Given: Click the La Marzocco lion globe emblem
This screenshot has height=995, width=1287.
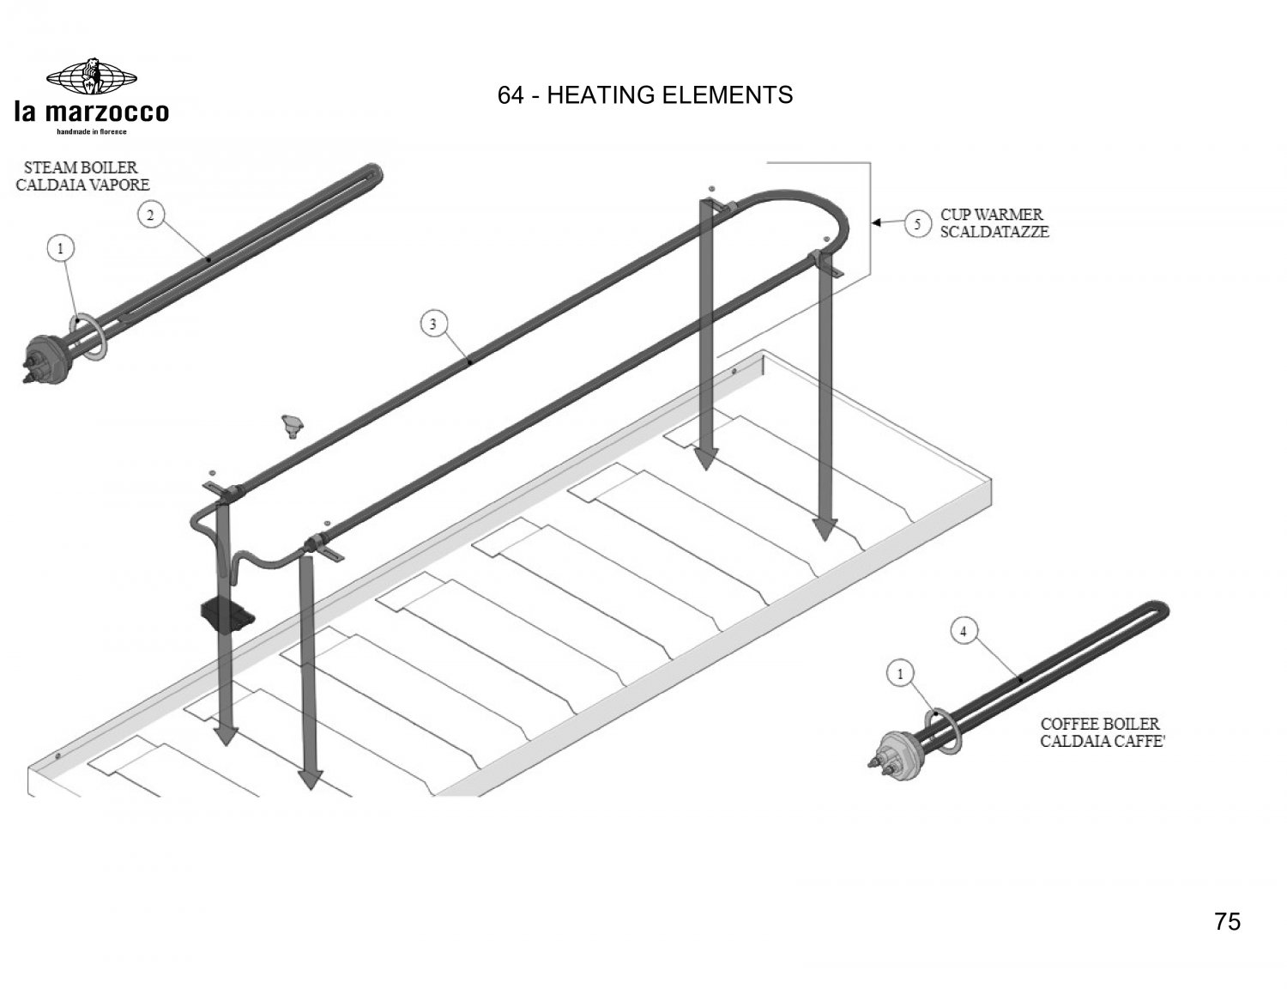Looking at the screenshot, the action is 92,76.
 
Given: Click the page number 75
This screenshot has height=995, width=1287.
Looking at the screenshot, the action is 1227,922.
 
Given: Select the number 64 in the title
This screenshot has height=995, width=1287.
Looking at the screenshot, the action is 511,95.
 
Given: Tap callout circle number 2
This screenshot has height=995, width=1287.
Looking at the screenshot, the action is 150,215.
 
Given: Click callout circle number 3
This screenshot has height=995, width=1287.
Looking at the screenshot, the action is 433,325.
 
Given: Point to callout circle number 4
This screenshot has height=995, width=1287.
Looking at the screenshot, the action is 964,632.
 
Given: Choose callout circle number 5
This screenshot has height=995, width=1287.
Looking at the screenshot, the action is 917,224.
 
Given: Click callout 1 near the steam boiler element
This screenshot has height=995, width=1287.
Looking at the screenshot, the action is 60,248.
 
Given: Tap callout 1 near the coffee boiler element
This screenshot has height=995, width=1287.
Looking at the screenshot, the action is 900,674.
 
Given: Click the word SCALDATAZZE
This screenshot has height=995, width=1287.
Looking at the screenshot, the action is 994,233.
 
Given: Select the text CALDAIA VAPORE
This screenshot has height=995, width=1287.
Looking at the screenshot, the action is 83,185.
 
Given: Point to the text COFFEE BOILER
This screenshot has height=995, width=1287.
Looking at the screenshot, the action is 1100,725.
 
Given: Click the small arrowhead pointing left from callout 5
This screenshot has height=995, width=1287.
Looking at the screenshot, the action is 877,223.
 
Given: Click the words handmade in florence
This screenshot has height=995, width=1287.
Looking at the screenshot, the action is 92,131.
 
